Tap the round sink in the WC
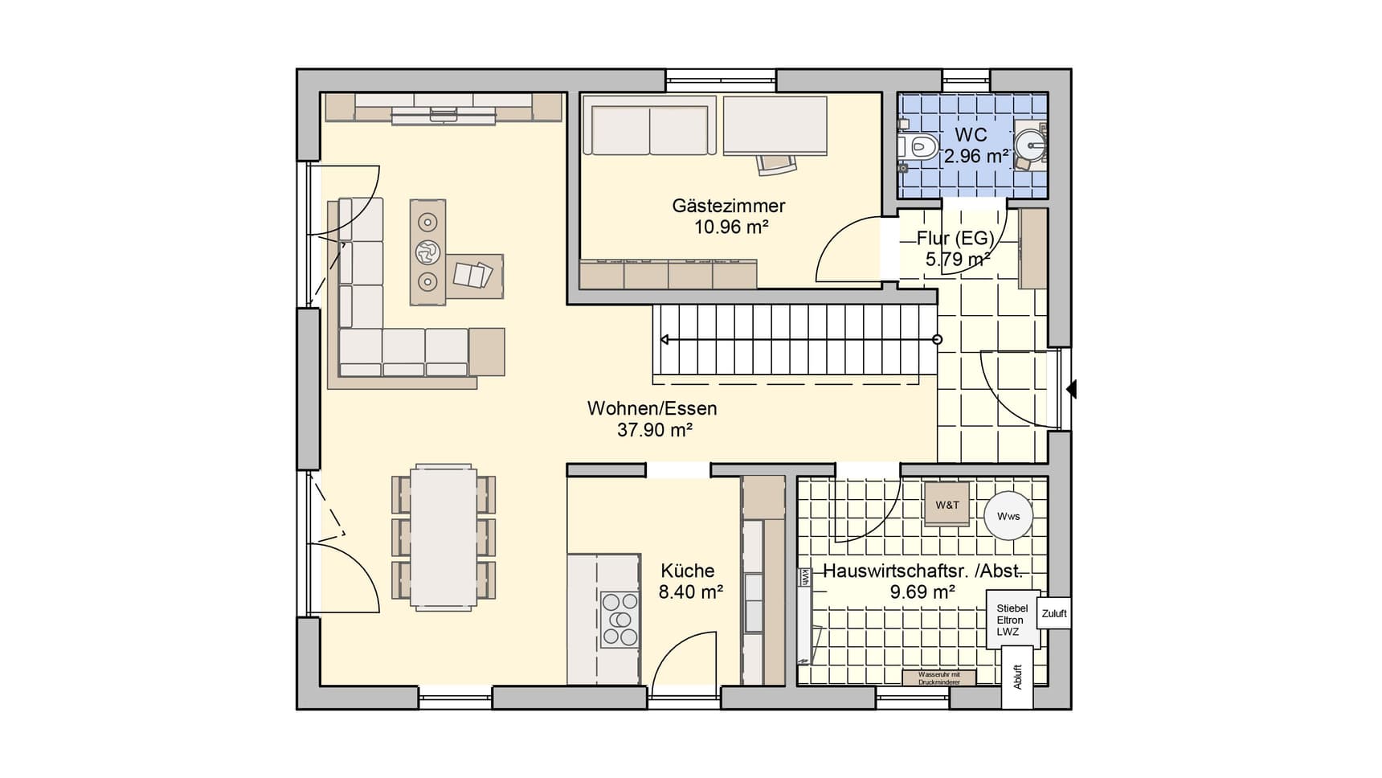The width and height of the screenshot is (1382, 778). click(x=1029, y=146)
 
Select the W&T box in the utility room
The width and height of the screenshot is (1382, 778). click(x=947, y=505)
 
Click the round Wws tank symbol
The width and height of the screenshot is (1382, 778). click(x=1008, y=515)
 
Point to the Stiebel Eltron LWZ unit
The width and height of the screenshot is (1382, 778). click(x=1012, y=620)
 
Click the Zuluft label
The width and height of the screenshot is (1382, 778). click(x=1054, y=613)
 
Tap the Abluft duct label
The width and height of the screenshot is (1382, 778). click(x=1017, y=677)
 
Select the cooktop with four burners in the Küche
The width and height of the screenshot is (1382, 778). click(x=620, y=619)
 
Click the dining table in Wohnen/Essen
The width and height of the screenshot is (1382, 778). click(x=444, y=536)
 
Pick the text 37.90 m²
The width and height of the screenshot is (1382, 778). click(x=655, y=430)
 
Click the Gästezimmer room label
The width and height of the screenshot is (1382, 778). click(x=728, y=206)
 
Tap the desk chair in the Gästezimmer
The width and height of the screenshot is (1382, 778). click(x=777, y=163)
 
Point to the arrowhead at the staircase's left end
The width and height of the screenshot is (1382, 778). click(x=664, y=340)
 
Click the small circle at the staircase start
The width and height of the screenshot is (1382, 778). click(x=937, y=340)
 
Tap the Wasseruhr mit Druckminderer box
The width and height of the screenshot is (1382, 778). click(x=938, y=678)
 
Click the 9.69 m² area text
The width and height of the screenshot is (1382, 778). click(x=922, y=592)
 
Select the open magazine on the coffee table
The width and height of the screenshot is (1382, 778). click(x=472, y=275)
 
